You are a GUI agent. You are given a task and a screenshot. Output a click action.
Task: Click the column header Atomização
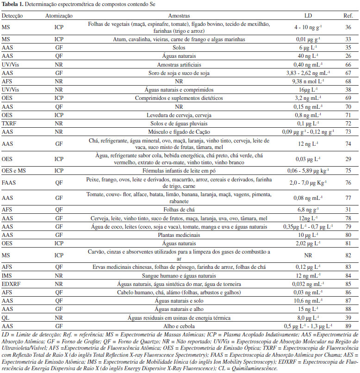tap(59, 15)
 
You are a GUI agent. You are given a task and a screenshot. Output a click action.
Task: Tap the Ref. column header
tap(348, 15)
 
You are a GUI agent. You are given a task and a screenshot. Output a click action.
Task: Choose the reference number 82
tap(348, 255)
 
